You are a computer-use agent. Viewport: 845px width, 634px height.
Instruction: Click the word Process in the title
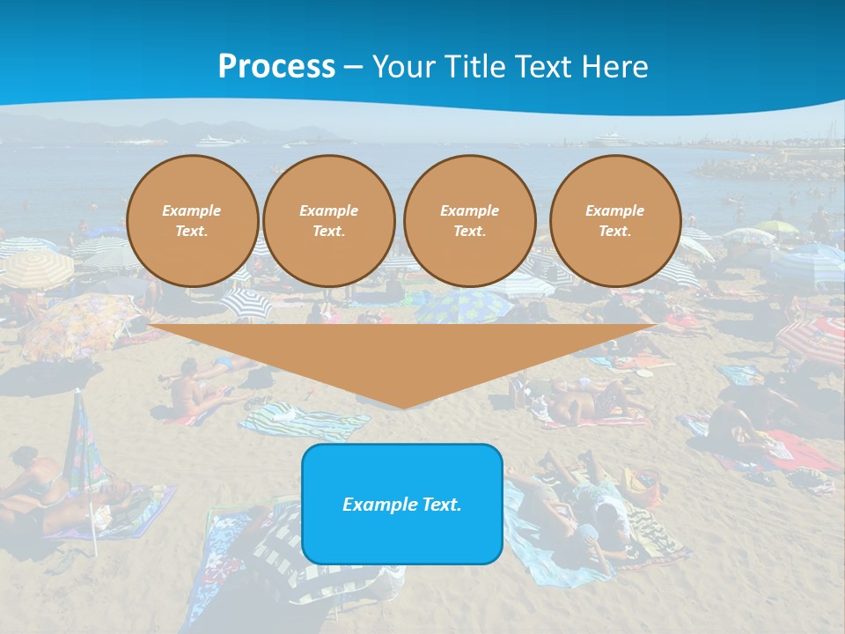pos(276,67)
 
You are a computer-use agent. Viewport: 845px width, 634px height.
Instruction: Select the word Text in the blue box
pos(443,505)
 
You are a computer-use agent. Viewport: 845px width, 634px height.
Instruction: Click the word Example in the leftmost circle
pos(192,210)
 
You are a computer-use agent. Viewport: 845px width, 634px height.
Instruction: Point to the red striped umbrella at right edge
pos(814,340)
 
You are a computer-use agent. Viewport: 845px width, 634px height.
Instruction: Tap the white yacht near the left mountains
pos(216,141)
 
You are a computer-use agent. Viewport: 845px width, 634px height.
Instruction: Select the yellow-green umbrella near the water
pos(777,226)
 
